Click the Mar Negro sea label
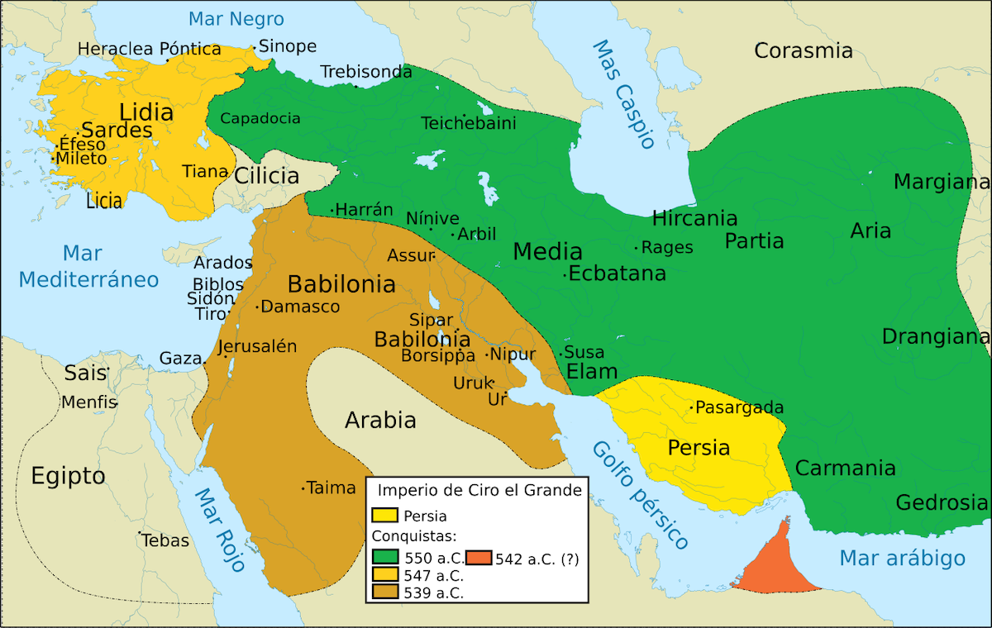[236, 19]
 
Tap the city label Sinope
[288, 46]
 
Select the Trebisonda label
[366, 72]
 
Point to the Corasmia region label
[803, 51]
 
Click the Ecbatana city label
[618, 274]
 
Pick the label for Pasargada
[739, 407]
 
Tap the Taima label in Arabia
[331, 488]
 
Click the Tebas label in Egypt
[165, 541]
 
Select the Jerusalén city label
[257, 347]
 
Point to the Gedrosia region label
[942, 502]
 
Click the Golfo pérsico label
[639, 496]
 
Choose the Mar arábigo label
[902, 559]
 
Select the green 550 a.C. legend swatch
[385, 559]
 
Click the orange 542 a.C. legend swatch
[479, 559]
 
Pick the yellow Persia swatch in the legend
[385, 516]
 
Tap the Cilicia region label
[266, 176]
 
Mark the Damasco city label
[300, 307]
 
